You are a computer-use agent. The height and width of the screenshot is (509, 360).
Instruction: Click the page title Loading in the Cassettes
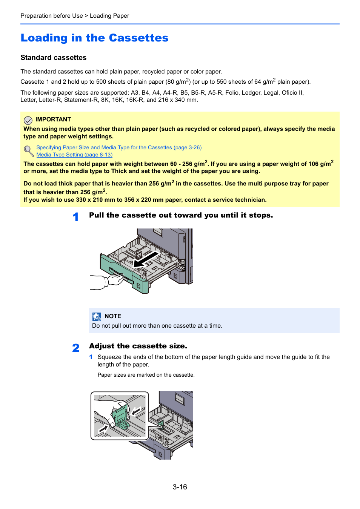pyautogui.click(x=94, y=38)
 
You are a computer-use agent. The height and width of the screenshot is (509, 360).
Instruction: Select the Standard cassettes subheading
pyautogui.click(x=53, y=58)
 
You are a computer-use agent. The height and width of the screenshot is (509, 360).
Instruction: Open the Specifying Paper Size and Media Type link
pyautogui.click(x=119, y=147)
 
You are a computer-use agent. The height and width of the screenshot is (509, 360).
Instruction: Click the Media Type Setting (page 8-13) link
pyautogui.click(x=74, y=155)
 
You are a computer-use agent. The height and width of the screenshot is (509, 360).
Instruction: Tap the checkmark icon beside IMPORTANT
pyautogui.click(x=28, y=120)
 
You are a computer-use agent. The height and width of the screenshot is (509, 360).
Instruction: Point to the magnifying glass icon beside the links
pyautogui.click(x=28, y=151)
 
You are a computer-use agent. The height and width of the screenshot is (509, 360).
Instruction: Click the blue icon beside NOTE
pyautogui.click(x=97, y=317)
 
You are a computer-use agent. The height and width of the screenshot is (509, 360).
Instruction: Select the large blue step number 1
pyautogui.click(x=75, y=217)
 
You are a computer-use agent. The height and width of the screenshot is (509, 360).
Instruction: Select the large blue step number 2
pyautogui.click(x=76, y=348)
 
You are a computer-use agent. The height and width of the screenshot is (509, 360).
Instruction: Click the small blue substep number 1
pyautogui.click(x=91, y=357)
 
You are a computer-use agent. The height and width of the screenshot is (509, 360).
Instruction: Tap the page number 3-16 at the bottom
pyautogui.click(x=180, y=487)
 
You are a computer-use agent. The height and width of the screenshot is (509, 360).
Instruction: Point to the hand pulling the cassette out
pyautogui.click(x=113, y=281)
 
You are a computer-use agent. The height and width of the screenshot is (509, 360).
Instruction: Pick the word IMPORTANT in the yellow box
pyautogui.click(x=53, y=120)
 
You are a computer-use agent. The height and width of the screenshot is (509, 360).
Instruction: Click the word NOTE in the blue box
pyautogui.click(x=113, y=316)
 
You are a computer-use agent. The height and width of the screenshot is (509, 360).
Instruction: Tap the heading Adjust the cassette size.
pyautogui.click(x=138, y=346)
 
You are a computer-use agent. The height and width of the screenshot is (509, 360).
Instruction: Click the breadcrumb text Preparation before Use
pyautogui.click(x=52, y=16)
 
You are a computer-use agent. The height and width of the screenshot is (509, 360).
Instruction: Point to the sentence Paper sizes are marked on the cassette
pyautogui.click(x=146, y=375)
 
